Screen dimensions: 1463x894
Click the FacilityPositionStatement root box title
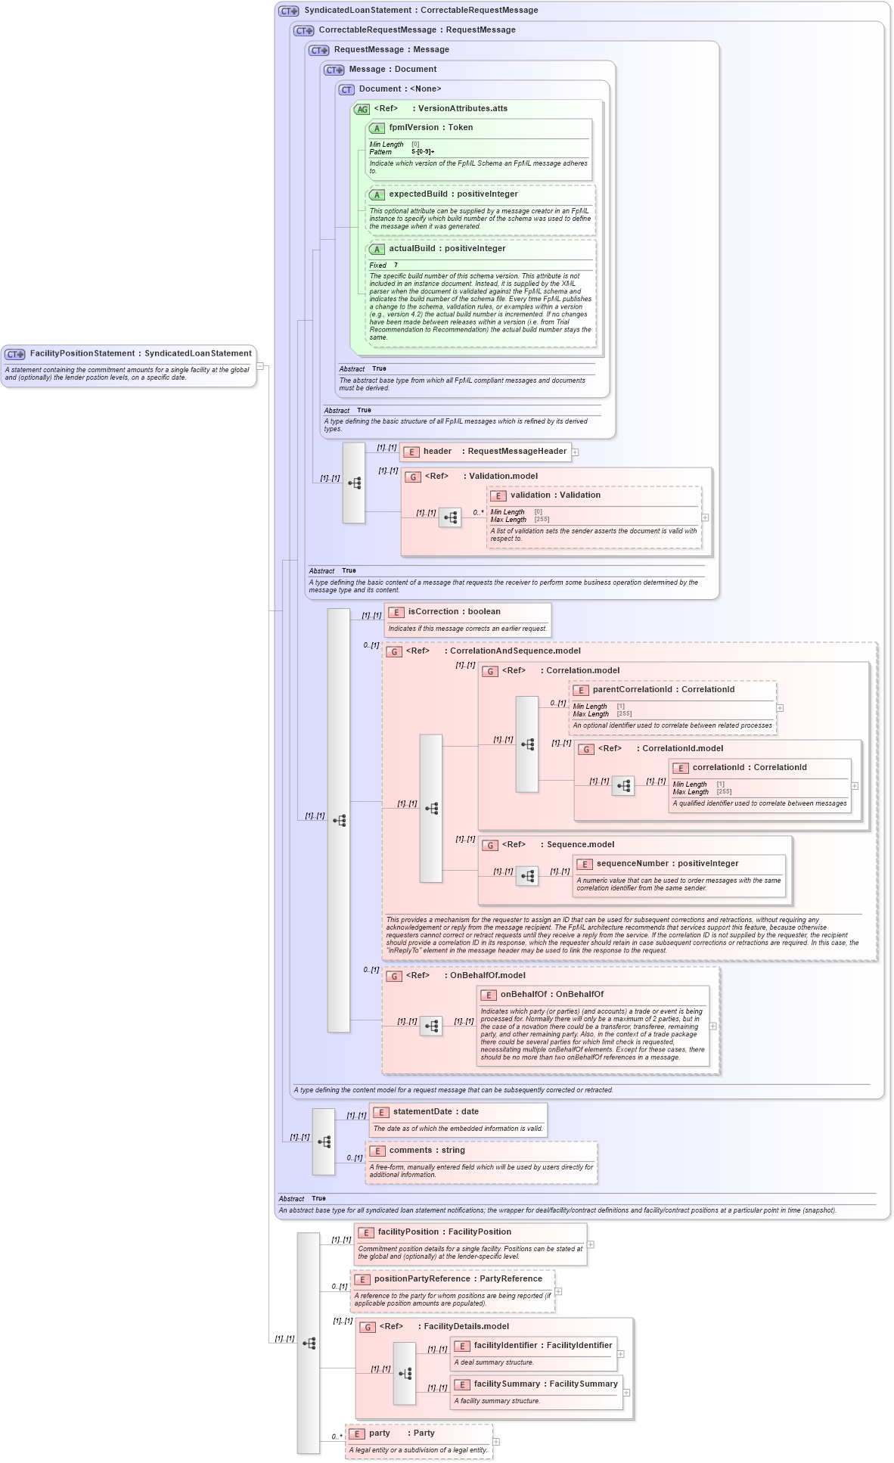tap(140, 353)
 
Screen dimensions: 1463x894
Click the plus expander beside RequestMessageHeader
tap(576, 452)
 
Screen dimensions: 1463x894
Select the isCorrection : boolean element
tap(454, 612)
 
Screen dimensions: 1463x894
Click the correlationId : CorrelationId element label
tap(749, 768)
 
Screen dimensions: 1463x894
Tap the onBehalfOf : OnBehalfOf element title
tap(551, 995)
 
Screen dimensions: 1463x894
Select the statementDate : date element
tap(436, 1112)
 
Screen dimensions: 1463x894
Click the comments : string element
tap(427, 1151)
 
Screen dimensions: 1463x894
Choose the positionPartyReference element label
tap(458, 1279)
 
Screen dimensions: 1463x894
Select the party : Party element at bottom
tap(401, 1433)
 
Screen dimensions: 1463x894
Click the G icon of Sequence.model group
tap(490, 846)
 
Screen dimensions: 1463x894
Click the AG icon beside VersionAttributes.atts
tap(362, 110)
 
